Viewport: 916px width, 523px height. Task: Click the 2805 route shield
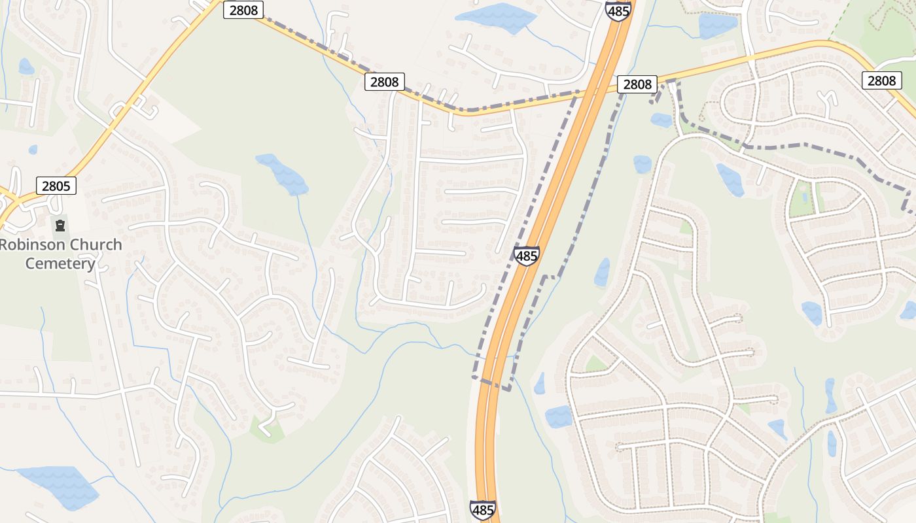(x=56, y=186)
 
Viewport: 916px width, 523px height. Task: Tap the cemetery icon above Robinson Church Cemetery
(x=60, y=226)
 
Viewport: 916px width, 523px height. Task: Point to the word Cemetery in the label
(x=60, y=264)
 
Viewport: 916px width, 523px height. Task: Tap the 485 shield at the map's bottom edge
(x=482, y=510)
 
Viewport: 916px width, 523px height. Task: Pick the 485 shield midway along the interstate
(x=527, y=256)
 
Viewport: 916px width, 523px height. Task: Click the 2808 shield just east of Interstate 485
(x=637, y=84)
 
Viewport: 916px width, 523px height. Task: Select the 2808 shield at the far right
(x=881, y=80)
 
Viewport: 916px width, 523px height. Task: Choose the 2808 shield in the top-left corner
(x=243, y=9)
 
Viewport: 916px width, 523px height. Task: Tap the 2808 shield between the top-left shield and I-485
(x=384, y=82)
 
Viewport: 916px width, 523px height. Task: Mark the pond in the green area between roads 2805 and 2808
(x=283, y=173)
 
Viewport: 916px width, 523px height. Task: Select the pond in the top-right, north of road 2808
(x=718, y=25)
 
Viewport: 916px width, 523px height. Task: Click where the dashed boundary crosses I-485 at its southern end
(x=491, y=384)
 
